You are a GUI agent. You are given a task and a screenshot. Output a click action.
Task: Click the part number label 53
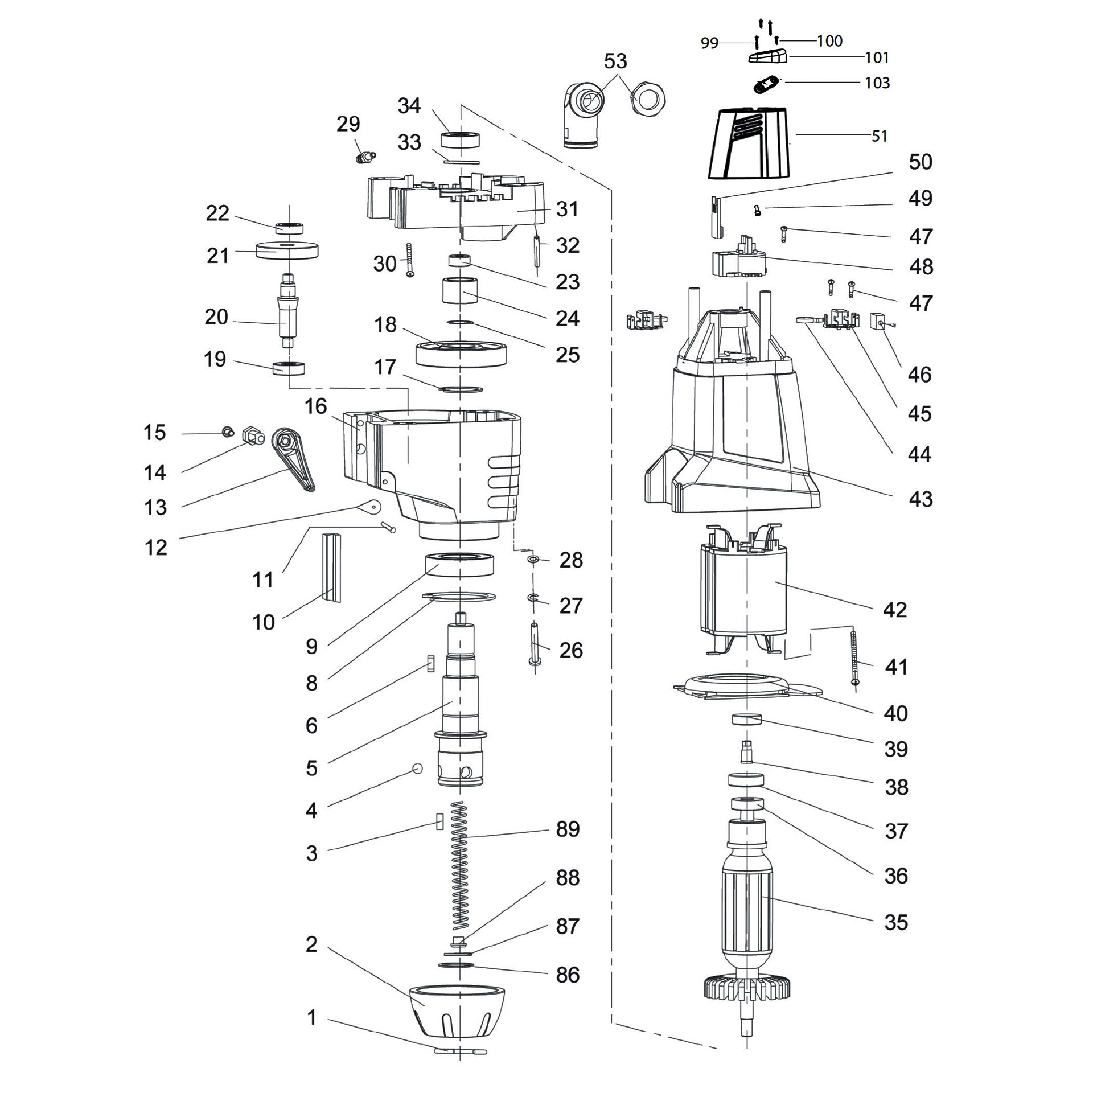pyautogui.click(x=615, y=61)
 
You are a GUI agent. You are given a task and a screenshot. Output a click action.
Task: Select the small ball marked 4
pyautogui.click(x=418, y=769)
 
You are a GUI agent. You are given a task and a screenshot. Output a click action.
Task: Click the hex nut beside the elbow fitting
pyautogui.click(x=647, y=99)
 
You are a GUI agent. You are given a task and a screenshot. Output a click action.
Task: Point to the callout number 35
pyautogui.click(x=896, y=922)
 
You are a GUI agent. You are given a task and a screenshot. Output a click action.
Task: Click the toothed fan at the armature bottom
pyautogui.click(x=745, y=991)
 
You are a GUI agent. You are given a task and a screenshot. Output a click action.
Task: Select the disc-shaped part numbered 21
pyautogui.click(x=287, y=250)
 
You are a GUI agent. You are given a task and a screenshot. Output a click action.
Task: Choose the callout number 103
pyautogui.click(x=877, y=83)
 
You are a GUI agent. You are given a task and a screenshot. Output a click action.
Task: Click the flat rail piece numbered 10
pyautogui.click(x=332, y=566)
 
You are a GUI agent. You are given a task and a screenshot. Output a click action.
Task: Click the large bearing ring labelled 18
pyautogui.click(x=461, y=353)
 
